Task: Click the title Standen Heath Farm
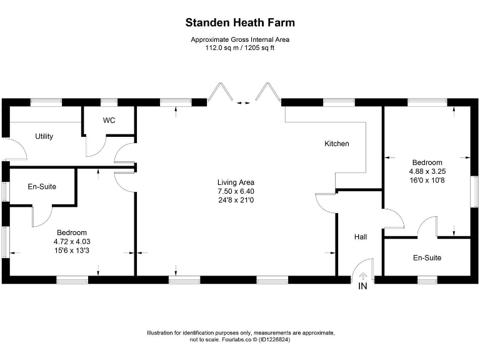coord(240,23)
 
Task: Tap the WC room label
coord(109,121)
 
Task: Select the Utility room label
coord(44,136)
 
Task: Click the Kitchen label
coord(336,144)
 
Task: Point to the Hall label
coord(361,237)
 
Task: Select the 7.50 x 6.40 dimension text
coord(236,191)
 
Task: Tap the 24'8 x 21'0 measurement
coord(236,200)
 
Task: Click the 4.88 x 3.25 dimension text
coord(427,171)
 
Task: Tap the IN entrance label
coord(362,287)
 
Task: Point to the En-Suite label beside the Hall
coord(427,257)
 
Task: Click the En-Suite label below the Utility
coord(42,186)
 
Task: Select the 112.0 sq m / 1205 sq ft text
coord(240,47)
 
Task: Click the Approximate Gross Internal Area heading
coord(240,40)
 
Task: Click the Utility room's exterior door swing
coord(16,150)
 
